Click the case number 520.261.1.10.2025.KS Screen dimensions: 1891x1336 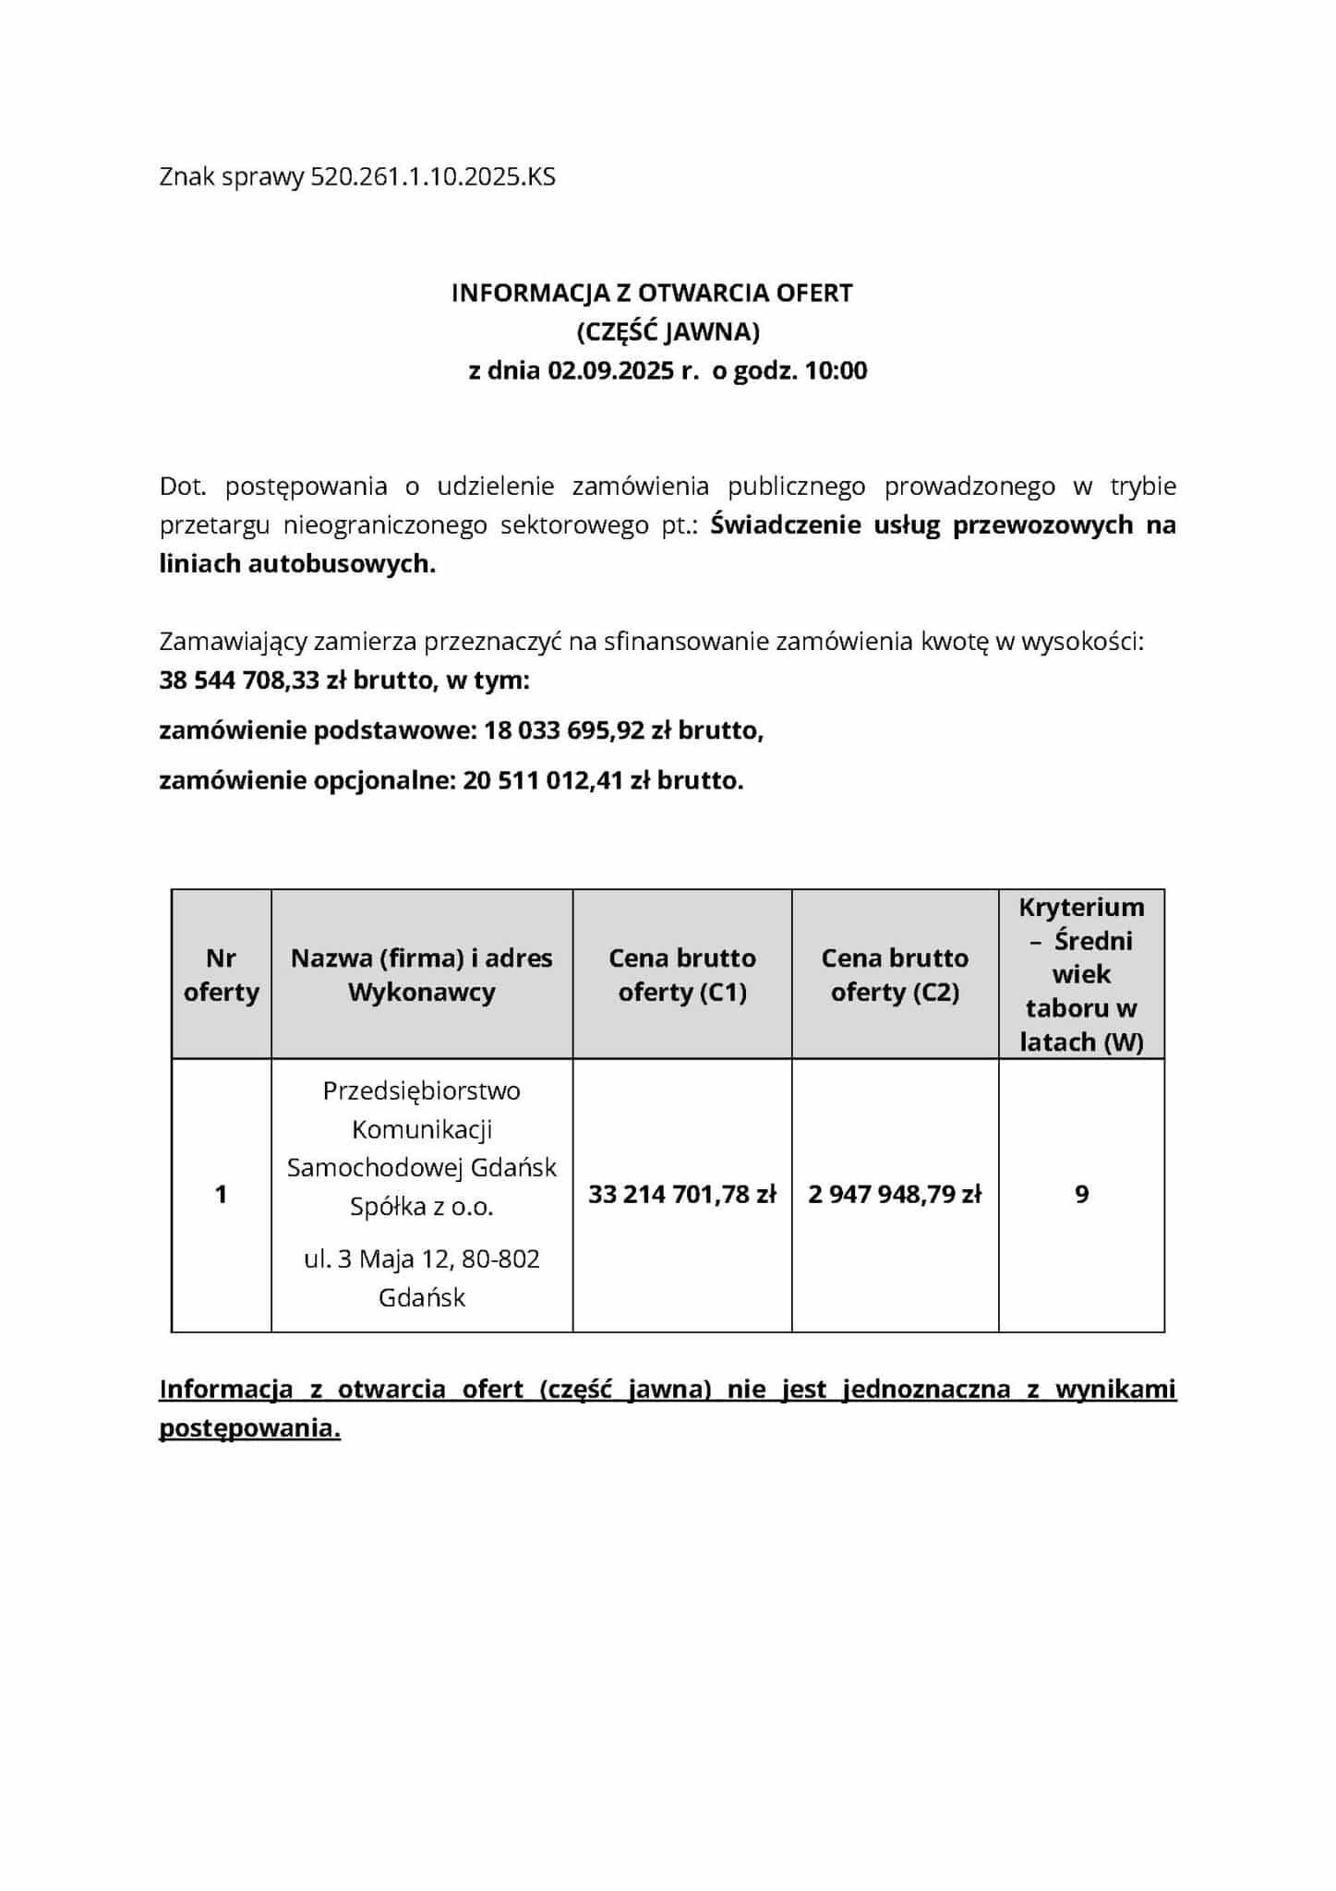[x=433, y=176]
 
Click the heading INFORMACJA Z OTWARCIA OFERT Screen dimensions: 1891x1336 [x=652, y=293]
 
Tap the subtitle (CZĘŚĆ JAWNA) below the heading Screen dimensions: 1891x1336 [x=668, y=331]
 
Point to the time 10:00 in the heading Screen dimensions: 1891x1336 [x=836, y=371]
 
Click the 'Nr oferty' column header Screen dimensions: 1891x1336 [x=222, y=974]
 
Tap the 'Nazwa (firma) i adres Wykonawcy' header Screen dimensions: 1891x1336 [x=422, y=974]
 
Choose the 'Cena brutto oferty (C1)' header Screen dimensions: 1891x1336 [x=682, y=974]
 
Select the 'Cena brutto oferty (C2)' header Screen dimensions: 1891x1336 [x=895, y=974]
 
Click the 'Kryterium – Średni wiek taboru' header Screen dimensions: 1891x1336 [x=1081, y=974]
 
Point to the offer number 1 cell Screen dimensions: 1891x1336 [x=221, y=1195]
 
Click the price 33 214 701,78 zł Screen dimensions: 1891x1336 [x=682, y=1195]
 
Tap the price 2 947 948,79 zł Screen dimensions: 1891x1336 [x=895, y=1195]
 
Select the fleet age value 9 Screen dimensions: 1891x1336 [x=1082, y=1195]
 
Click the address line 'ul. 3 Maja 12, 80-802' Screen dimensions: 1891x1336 [x=422, y=1259]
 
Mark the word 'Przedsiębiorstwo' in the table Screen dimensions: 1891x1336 [x=422, y=1090]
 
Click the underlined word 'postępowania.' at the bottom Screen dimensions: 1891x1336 [x=250, y=1428]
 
